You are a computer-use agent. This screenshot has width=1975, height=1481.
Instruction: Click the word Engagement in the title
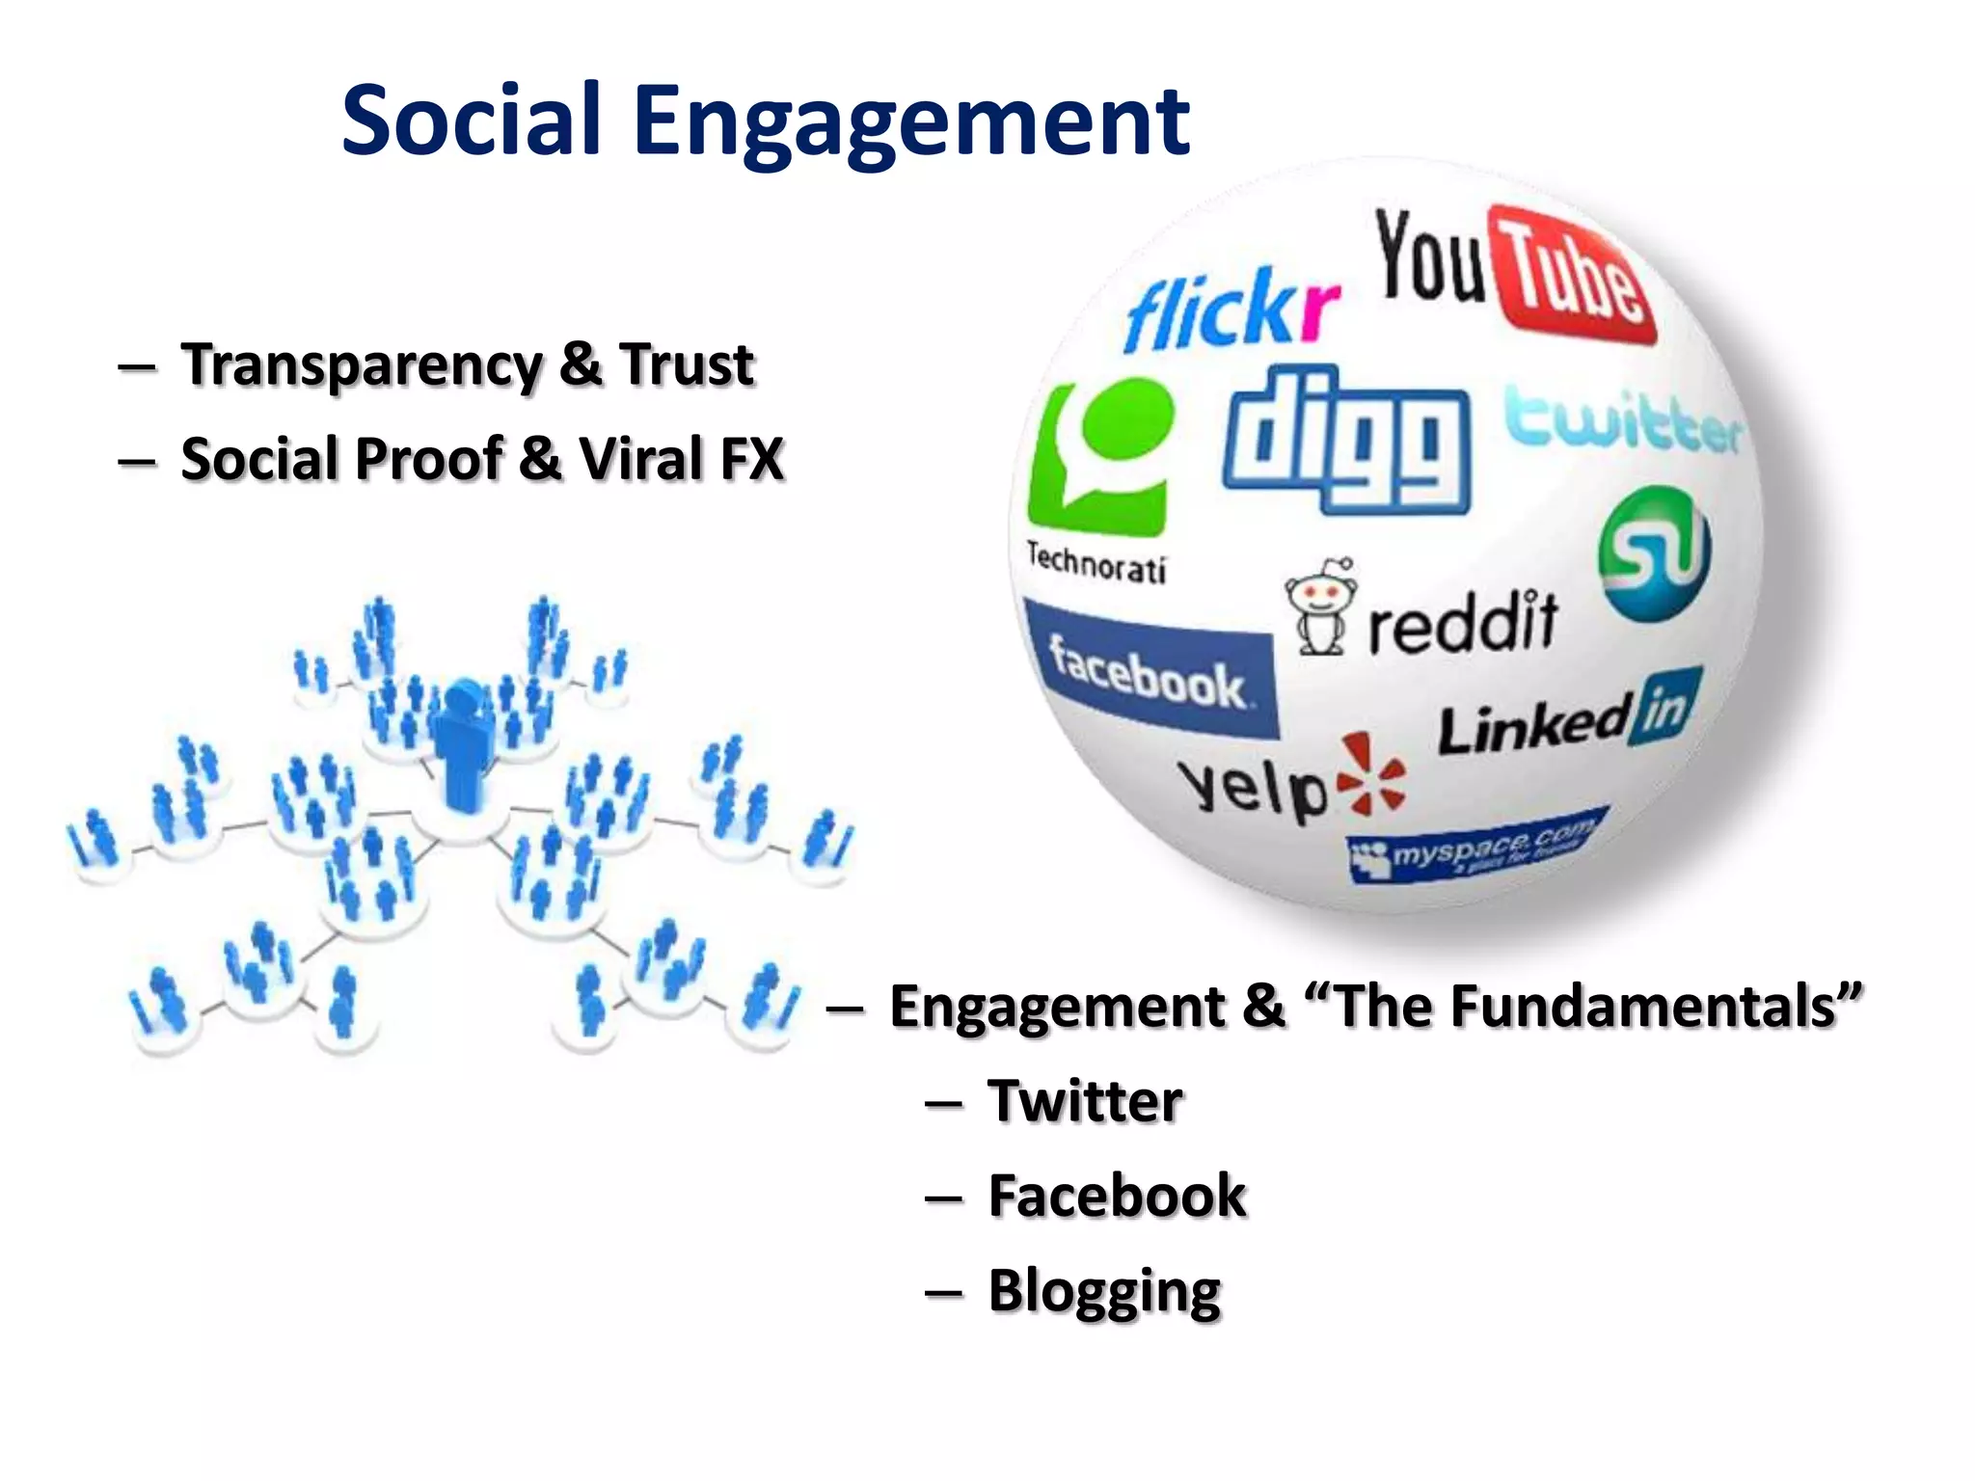pos(911,121)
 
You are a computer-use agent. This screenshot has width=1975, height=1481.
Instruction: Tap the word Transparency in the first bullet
pos(362,366)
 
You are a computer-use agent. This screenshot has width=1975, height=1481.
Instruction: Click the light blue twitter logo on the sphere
pos(1623,421)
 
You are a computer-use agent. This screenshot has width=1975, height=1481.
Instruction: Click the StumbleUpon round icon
pos(1654,552)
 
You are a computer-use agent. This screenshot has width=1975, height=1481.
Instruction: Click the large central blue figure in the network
pos(464,742)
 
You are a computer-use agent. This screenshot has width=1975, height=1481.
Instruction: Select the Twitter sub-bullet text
pos(1085,1101)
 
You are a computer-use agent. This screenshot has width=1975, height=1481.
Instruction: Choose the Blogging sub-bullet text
pos(1104,1292)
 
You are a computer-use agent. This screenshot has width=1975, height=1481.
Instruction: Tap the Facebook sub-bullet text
pos(1117,1197)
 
